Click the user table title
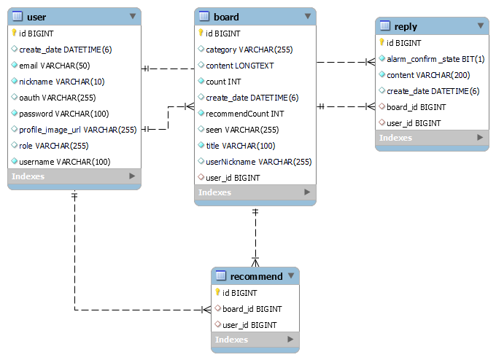[36, 16]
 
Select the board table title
[226, 17]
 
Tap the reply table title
[406, 26]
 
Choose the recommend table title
[256, 276]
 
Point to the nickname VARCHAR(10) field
[61, 82]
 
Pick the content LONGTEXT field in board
[239, 66]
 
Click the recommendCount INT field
[245, 114]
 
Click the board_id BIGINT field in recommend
[252, 309]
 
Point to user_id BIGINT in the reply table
[414, 123]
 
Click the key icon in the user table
[14, 33]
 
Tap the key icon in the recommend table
[217, 292]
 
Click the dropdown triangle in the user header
[132, 15]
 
